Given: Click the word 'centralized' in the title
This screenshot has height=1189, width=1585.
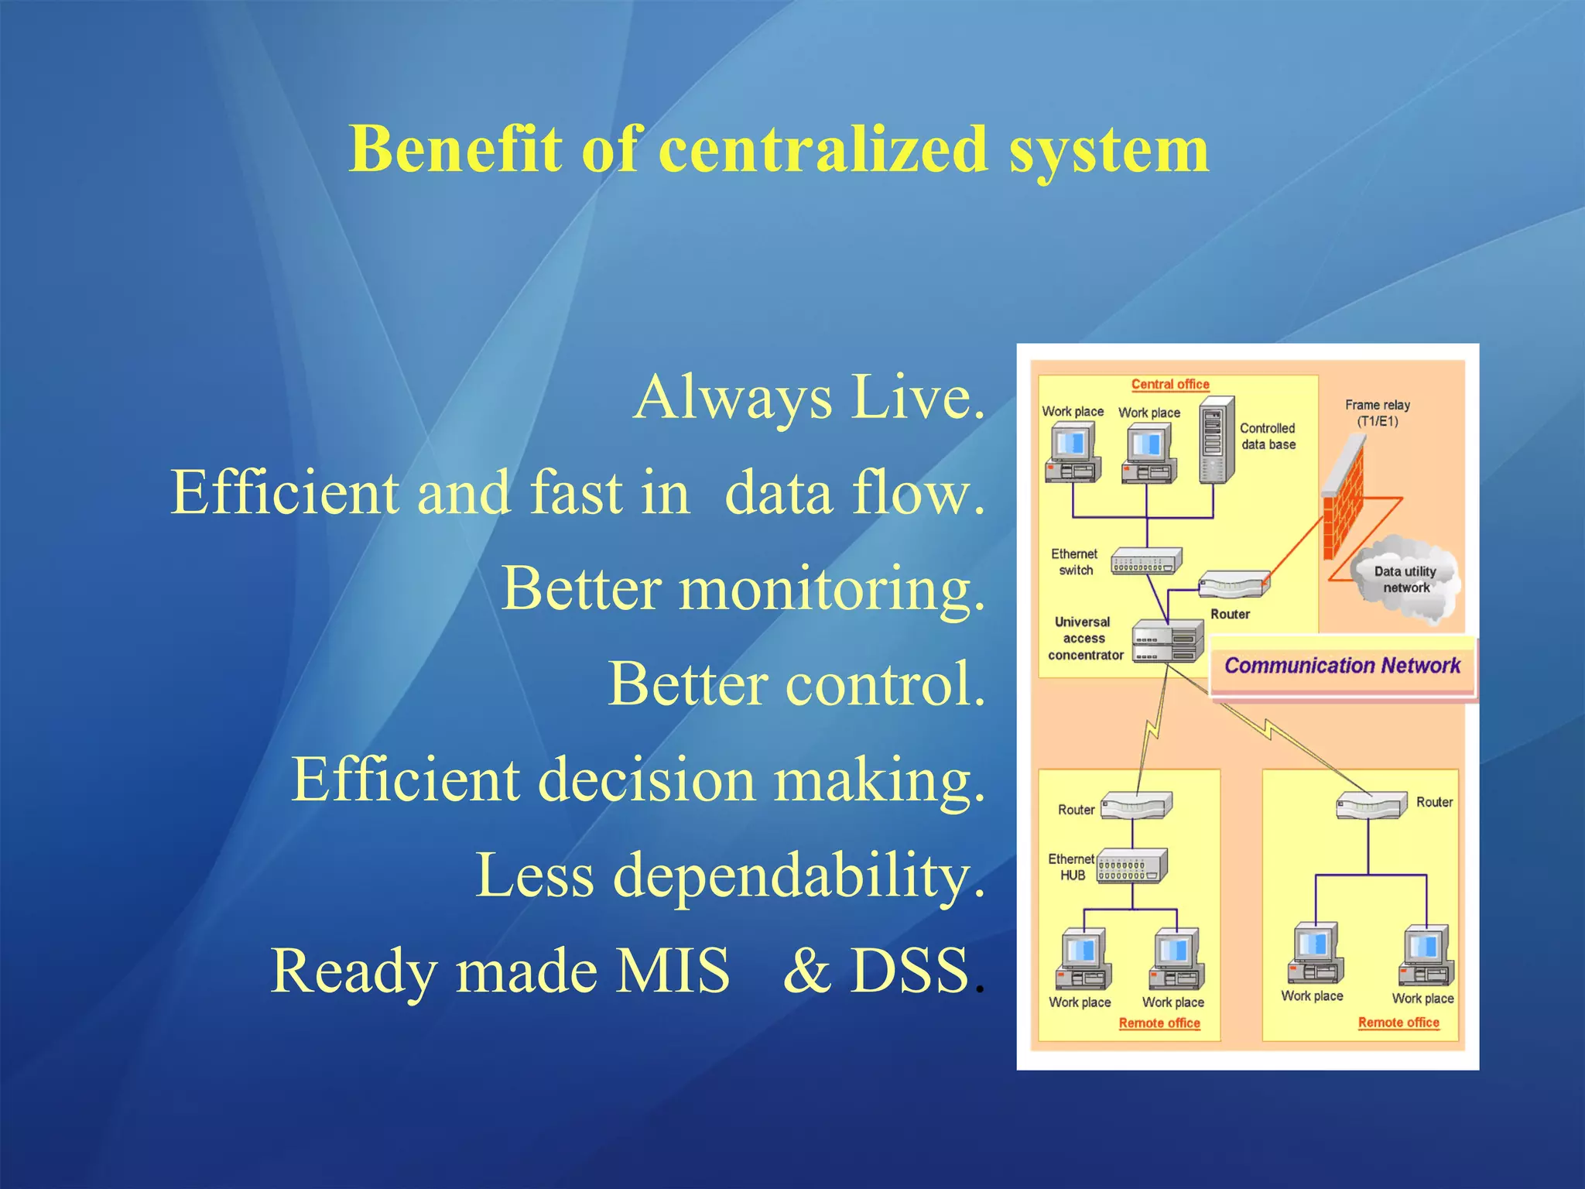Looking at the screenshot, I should tap(823, 149).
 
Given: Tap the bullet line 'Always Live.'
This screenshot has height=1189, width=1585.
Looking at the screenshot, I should tap(810, 397).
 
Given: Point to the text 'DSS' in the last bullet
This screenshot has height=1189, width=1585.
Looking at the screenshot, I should tap(910, 971).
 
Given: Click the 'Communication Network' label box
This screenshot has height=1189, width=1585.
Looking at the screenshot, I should tap(1342, 666).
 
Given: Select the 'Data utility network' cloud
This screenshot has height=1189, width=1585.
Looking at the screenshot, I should tap(1405, 579).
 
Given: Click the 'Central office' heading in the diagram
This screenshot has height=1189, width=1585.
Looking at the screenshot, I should tap(1169, 384).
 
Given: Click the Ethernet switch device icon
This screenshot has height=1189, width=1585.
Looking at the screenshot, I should tap(1146, 561).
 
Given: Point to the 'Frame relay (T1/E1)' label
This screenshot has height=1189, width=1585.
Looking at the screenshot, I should tap(1377, 413).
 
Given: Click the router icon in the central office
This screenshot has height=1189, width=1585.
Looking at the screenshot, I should tap(1234, 584).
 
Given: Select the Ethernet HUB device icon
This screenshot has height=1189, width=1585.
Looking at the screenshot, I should tap(1132, 866).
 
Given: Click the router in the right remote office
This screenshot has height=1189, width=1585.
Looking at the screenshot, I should tap(1371, 806).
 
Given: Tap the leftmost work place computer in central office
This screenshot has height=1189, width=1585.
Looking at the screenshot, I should tap(1072, 455).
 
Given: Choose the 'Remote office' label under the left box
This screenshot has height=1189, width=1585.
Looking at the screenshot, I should tap(1159, 1023).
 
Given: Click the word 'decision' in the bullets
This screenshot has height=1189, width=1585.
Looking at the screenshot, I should tap(645, 780).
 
